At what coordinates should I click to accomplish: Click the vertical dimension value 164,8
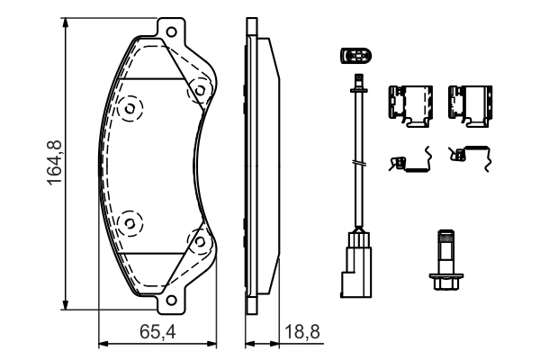click(x=53, y=163)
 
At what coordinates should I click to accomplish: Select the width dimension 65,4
click(x=157, y=331)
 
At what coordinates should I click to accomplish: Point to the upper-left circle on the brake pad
click(x=130, y=109)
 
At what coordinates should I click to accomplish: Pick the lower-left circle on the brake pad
click(x=130, y=220)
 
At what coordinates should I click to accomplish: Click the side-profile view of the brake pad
click(x=257, y=166)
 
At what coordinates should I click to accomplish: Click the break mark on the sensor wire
click(x=359, y=163)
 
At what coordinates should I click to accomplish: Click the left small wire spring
click(x=409, y=162)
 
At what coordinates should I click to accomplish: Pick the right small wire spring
click(x=470, y=159)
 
